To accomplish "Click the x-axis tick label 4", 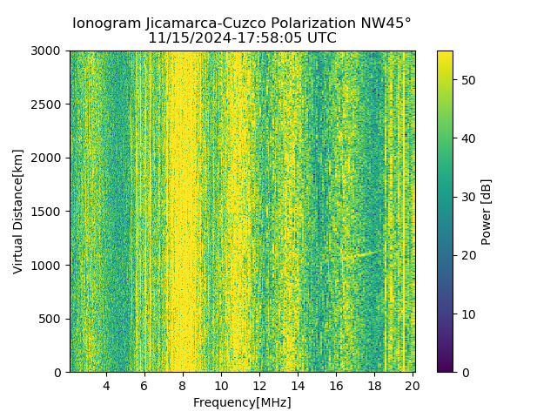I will pyautogui.click(x=106, y=386).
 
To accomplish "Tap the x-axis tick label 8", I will pyautogui.click(x=183, y=386).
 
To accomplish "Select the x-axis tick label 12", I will pyautogui.click(x=259, y=386).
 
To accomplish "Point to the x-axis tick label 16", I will pyautogui.click(x=336, y=386).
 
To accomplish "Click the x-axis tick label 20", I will pyautogui.click(x=413, y=386).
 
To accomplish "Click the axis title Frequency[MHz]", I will pyautogui.click(x=242, y=402).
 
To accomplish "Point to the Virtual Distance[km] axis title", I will pyautogui.click(x=18, y=212).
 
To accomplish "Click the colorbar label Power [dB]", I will pyautogui.click(x=487, y=212).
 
